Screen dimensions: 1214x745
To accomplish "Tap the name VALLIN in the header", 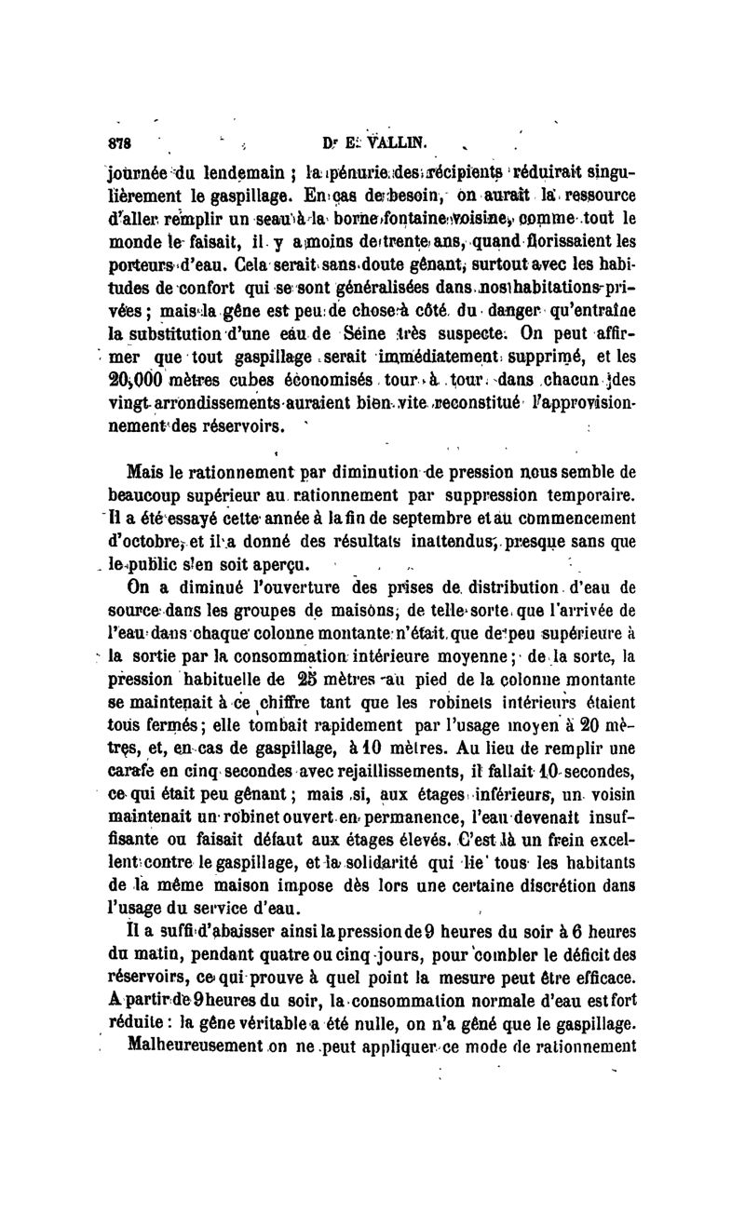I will (396, 142).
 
